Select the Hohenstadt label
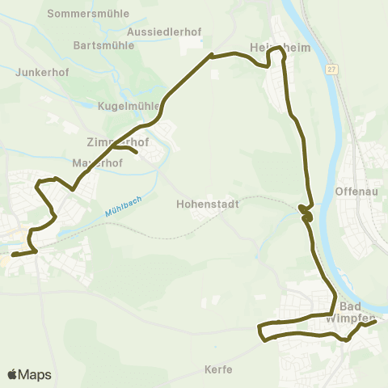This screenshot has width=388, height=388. click(x=208, y=205)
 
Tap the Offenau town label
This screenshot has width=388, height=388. click(x=353, y=192)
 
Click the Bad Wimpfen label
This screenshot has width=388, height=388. click(x=349, y=312)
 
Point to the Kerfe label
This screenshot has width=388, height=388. click(x=218, y=369)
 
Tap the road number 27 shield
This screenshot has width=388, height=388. click(x=332, y=70)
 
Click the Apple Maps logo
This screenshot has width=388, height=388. click(x=29, y=374)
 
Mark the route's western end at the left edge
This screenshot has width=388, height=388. click(x=12, y=255)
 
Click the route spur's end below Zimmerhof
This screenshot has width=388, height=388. click(x=137, y=152)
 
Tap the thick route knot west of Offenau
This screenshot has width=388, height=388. click(x=305, y=213)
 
